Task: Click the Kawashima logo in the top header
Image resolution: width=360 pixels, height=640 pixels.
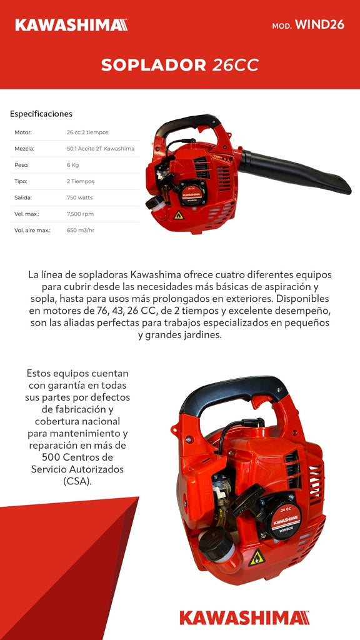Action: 71,25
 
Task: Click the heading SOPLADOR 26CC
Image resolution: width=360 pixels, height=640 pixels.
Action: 180,65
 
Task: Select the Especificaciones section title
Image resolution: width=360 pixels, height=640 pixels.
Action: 41,114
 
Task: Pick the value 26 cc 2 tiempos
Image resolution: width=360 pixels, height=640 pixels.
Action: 87,132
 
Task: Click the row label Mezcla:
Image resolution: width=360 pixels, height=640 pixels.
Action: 24,149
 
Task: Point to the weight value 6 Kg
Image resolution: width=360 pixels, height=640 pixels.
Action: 73,165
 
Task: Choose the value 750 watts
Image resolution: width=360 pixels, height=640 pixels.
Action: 80,197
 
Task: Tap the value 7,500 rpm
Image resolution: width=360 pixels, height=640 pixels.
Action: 80,214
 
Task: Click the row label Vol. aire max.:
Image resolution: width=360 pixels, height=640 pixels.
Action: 32,230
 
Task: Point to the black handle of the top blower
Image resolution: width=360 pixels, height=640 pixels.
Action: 187,122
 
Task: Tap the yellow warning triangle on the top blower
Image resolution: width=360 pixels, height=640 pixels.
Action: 178,215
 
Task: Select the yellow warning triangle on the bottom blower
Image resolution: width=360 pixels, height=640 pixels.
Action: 256,557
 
